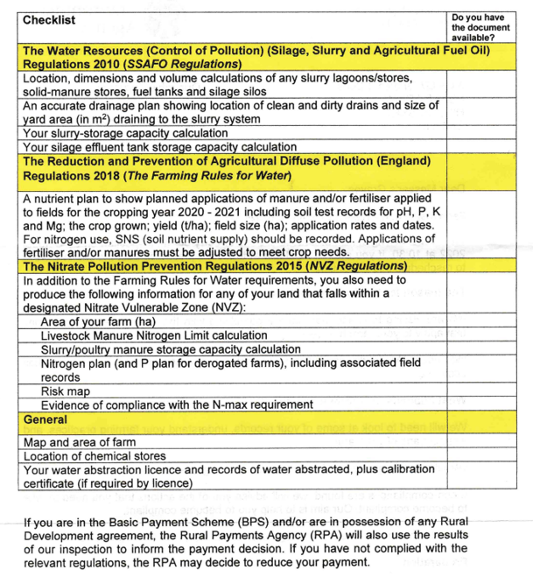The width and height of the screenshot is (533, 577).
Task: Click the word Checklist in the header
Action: (x=50, y=20)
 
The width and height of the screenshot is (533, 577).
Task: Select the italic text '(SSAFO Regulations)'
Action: (x=185, y=65)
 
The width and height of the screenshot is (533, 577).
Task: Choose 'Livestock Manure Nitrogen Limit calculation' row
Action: (x=154, y=336)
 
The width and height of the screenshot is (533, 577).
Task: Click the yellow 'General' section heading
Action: (x=46, y=420)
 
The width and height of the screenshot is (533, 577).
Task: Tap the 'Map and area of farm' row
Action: (x=80, y=443)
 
